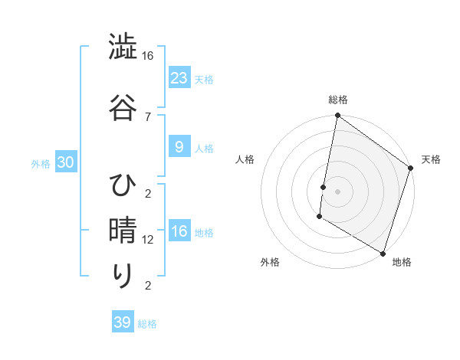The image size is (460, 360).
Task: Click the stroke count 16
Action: tap(148, 56)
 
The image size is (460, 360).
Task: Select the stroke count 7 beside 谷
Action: tap(148, 116)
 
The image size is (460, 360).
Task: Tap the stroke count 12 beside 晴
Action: tap(148, 240)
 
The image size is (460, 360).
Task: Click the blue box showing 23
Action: tap(179, 78)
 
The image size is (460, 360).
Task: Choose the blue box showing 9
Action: tap(179, 147)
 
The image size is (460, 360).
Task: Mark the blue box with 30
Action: tap(65, 163)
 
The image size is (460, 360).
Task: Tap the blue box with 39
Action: tap(123, 322)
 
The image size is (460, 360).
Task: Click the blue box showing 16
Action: tap(179, 231)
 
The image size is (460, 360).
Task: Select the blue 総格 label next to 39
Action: tap(148, 324)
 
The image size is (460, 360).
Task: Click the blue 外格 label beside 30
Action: tap(40, 164)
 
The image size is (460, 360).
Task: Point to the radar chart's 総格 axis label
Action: tap(338, 100)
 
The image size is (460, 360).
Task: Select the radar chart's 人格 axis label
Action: tap(246, 160)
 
